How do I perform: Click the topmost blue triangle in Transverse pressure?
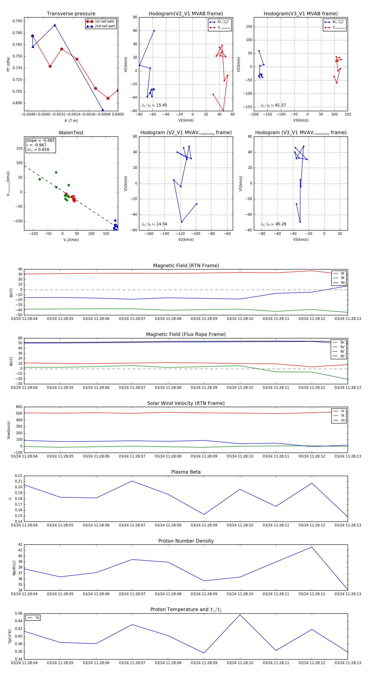55,25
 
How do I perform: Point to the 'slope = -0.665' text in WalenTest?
41,140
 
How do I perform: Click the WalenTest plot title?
71,133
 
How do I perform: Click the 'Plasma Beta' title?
186,472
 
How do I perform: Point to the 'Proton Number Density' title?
186,541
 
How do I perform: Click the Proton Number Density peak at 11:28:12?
312,547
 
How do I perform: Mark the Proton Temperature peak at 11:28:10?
240,615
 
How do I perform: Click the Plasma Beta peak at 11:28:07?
132,481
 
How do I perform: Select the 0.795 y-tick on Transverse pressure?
18,21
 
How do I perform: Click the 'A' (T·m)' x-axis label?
71,121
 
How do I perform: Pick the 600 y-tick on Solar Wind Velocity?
19,407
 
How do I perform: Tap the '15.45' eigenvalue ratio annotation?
161,105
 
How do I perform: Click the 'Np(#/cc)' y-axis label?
14,567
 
